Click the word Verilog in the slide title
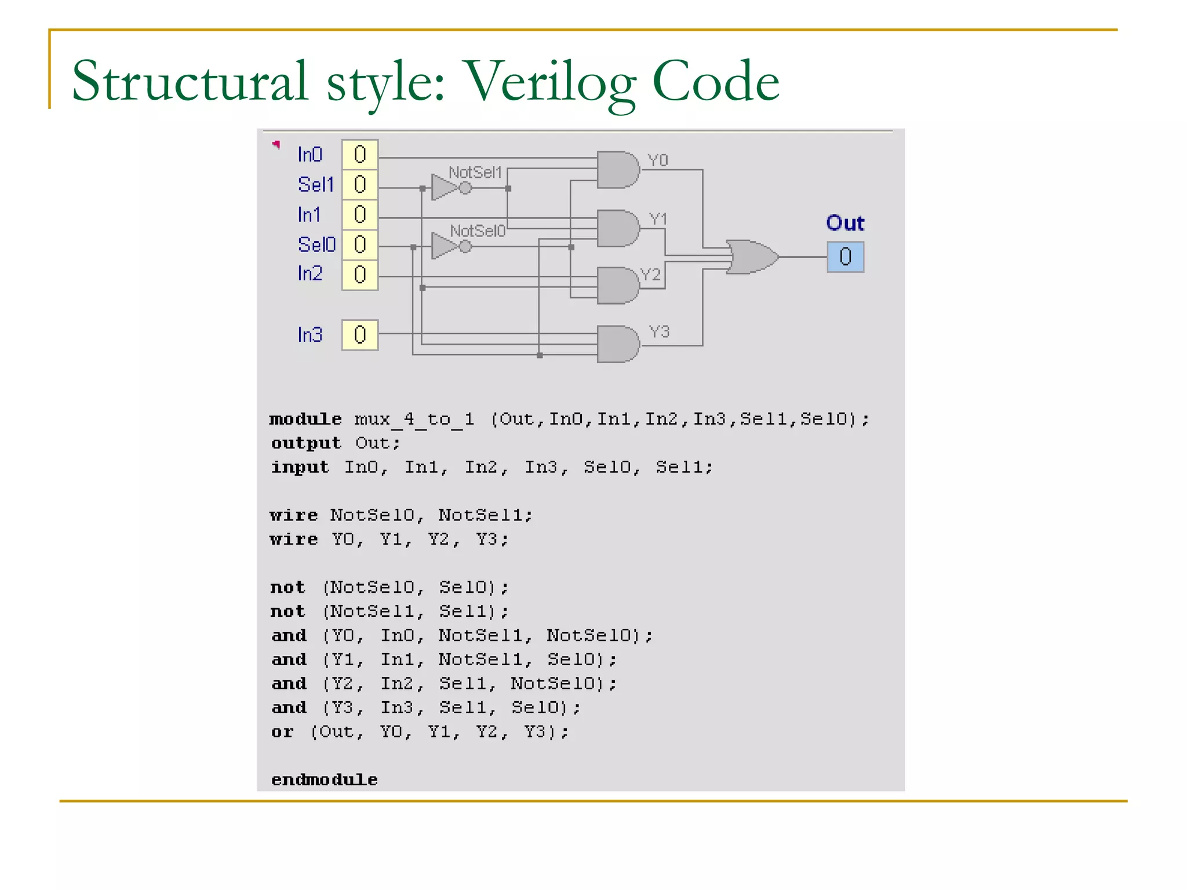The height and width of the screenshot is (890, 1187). click(x=551, y=82)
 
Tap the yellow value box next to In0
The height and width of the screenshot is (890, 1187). click(x=360, y=155)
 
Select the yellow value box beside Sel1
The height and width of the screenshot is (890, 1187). click(x=360, y=185)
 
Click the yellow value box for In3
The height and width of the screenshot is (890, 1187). click(x=360, y=335)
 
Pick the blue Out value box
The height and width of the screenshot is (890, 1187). click(x=845, y=257)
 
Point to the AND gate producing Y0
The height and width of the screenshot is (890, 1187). click(x=617, y=170)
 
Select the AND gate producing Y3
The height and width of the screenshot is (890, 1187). click(x=617, y=344)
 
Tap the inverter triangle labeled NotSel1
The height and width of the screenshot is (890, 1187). click(x=445, y=188)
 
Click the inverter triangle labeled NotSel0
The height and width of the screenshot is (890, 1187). click(x=445, y=246)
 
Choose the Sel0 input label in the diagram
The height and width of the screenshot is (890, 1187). click(x=316, y=245)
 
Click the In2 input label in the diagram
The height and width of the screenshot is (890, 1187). click(x=310, y=273)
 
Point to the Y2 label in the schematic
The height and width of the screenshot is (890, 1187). click(x=651, y=275)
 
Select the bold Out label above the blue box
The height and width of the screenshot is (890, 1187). click(x=845, y=223)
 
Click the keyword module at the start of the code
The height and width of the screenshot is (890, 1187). click(x=305, y=419)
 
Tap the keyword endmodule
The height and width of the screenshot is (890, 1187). click(x=324, y=780)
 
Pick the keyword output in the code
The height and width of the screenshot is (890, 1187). click(x=306, y=443)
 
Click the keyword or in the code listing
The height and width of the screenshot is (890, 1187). click(x=282, y=732)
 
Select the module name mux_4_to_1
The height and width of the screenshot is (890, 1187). click(x=414, y=419)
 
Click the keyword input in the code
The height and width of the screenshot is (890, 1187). click(x=300, y=467)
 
